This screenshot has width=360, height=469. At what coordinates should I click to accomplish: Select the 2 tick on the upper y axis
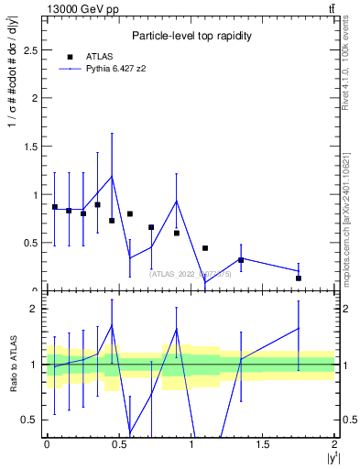35,99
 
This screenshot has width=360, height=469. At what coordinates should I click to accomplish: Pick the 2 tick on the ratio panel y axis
35,309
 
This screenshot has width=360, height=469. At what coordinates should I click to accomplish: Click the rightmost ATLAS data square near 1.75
299,278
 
